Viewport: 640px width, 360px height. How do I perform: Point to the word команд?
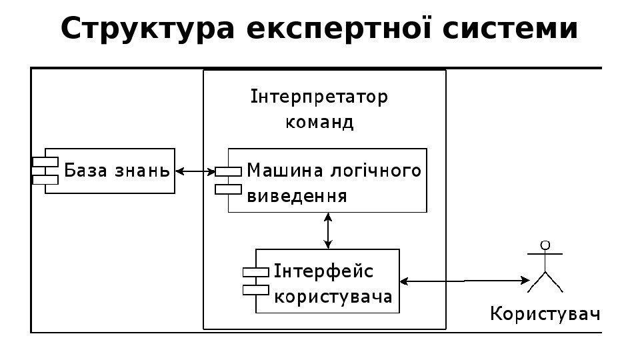point(319,123)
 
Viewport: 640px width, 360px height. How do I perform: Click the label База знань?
point(117,171)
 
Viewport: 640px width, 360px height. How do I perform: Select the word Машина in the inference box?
point(286,171)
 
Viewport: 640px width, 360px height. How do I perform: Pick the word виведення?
point(297,196)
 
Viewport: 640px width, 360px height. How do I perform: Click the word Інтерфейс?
point(323,272)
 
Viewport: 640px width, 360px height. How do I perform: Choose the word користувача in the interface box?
point(333,296)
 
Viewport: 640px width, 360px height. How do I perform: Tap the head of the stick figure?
point(545,245)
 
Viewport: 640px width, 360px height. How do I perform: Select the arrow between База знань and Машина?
point(194,172)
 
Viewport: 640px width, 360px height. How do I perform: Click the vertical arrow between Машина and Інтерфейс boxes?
point(327,230)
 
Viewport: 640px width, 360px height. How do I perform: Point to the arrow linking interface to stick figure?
point(463,281)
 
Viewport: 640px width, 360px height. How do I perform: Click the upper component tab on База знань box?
point(45,162)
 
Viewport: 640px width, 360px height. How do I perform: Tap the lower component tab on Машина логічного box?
point(228,189)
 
